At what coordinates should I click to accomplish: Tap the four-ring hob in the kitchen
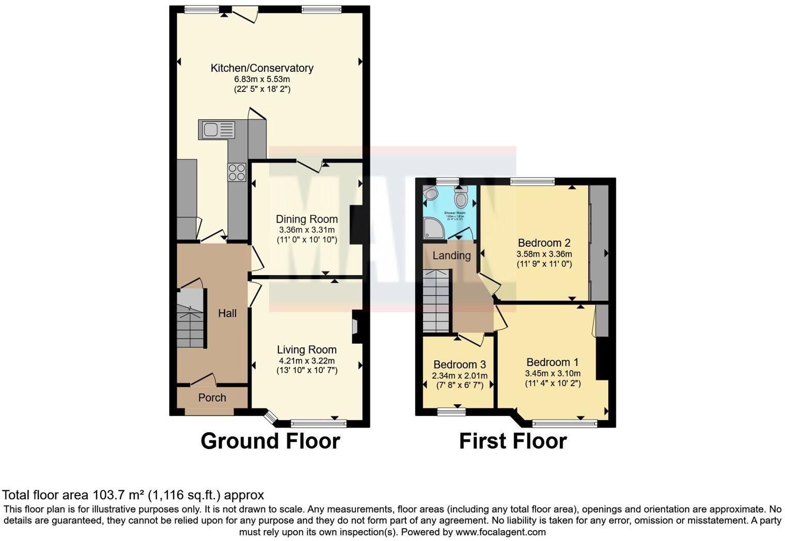(237, 172)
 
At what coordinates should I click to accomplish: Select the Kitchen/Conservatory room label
(262, 68)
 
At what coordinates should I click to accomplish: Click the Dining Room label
(307, 219)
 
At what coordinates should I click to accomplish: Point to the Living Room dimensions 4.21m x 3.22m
(307, 360)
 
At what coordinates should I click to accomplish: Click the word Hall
(227, 313)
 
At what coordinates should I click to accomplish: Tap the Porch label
(212, 397)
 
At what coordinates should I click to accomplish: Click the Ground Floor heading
(270, 441)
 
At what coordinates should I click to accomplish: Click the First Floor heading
(513, 441)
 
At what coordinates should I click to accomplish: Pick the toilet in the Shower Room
(461, 197)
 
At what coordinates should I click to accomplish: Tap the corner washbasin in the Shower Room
(430, 193)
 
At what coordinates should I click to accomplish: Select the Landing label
(451, 256)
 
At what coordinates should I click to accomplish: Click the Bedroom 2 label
(544, 243)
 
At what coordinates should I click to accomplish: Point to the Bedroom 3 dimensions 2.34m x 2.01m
(460, 376)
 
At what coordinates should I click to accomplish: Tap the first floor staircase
(436, 301)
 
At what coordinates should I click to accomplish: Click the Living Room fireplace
(356, 327)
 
